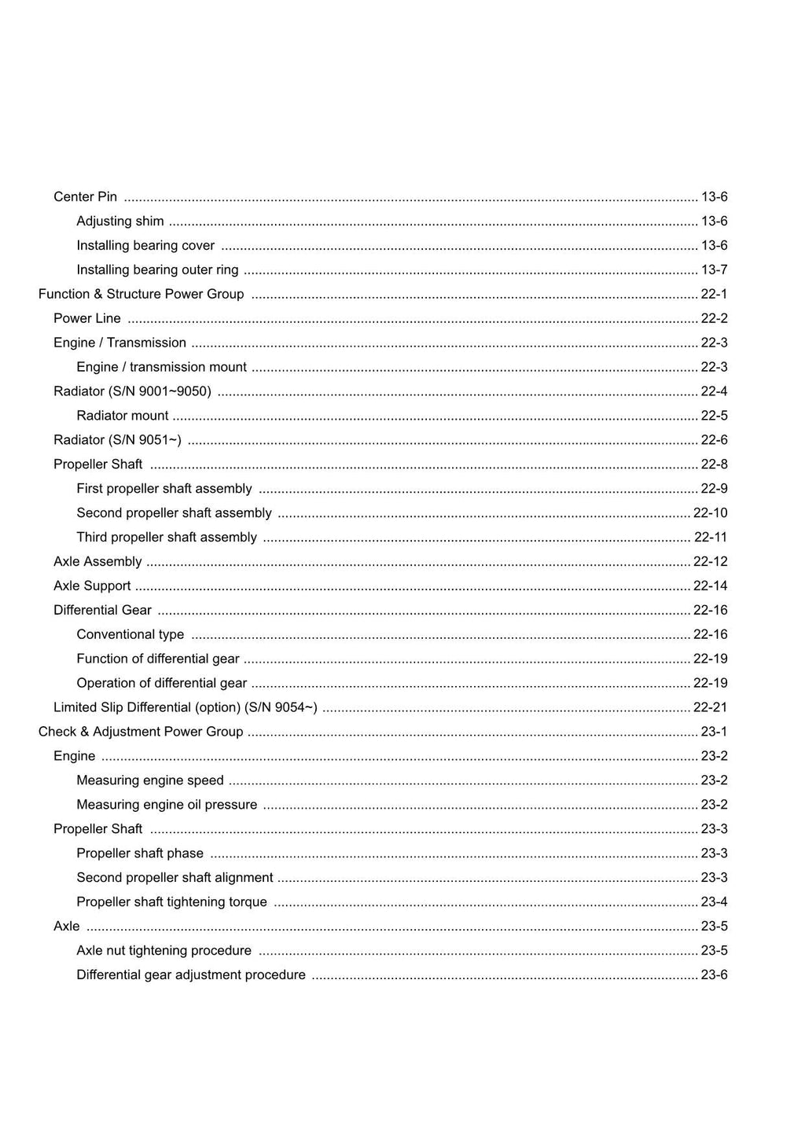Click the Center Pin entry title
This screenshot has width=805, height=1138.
click(x=85, y=196)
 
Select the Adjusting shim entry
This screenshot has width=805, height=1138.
click(x=120, y=221)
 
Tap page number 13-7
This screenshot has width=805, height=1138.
click(x=714, y=270)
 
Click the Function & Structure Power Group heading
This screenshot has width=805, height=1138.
click(x=142, y=294)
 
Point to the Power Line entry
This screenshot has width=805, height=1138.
click(x=87, y=318)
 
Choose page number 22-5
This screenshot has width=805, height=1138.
click(x=714, y=415)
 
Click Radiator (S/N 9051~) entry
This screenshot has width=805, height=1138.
click(x=117, y=439)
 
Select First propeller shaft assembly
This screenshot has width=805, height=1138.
click(x=164, y=488)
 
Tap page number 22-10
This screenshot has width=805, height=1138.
click(x=710, y=512)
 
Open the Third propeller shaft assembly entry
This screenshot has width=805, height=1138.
click(x=167, y=537)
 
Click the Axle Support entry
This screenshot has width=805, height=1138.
click(x=92, y=586)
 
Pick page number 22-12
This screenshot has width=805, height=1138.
click(x=710, y=561)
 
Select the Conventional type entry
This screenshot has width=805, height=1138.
click(x=130, y=634)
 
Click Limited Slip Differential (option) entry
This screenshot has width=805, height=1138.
click(x=186, y=707)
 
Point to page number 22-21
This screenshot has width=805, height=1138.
click(x=710, y=707)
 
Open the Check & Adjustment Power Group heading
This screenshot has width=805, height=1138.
click(x=141, y=732)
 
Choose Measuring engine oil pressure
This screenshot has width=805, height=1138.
click(x=167, y=805)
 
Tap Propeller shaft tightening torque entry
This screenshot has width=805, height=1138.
click(x=171, y=901)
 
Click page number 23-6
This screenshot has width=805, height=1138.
click(x=714, y=975)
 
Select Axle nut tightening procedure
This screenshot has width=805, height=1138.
click(x=164, y=950)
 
